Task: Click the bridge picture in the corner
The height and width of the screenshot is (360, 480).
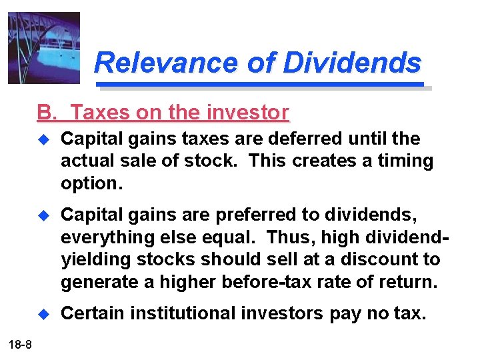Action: pos(43,48)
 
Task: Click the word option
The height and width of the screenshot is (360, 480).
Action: pos(91,182)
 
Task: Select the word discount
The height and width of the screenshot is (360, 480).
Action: pos(378,259)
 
